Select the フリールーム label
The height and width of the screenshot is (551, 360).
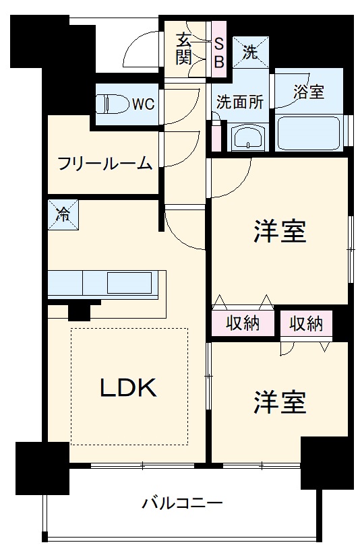(104, 164)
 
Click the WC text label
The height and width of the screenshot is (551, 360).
(142, 104)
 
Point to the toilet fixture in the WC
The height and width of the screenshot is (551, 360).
(111, 104)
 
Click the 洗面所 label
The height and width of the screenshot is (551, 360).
(239, 102)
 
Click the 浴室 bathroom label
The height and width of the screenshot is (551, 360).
(309, 92)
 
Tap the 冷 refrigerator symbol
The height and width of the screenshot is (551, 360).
(62, 216)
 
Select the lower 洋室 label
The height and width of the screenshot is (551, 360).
(280, 402)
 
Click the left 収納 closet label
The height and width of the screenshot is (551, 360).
(243, 323)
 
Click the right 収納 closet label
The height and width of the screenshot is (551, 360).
(306, 323)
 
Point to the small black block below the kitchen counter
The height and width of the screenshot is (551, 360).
(80, 312)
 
